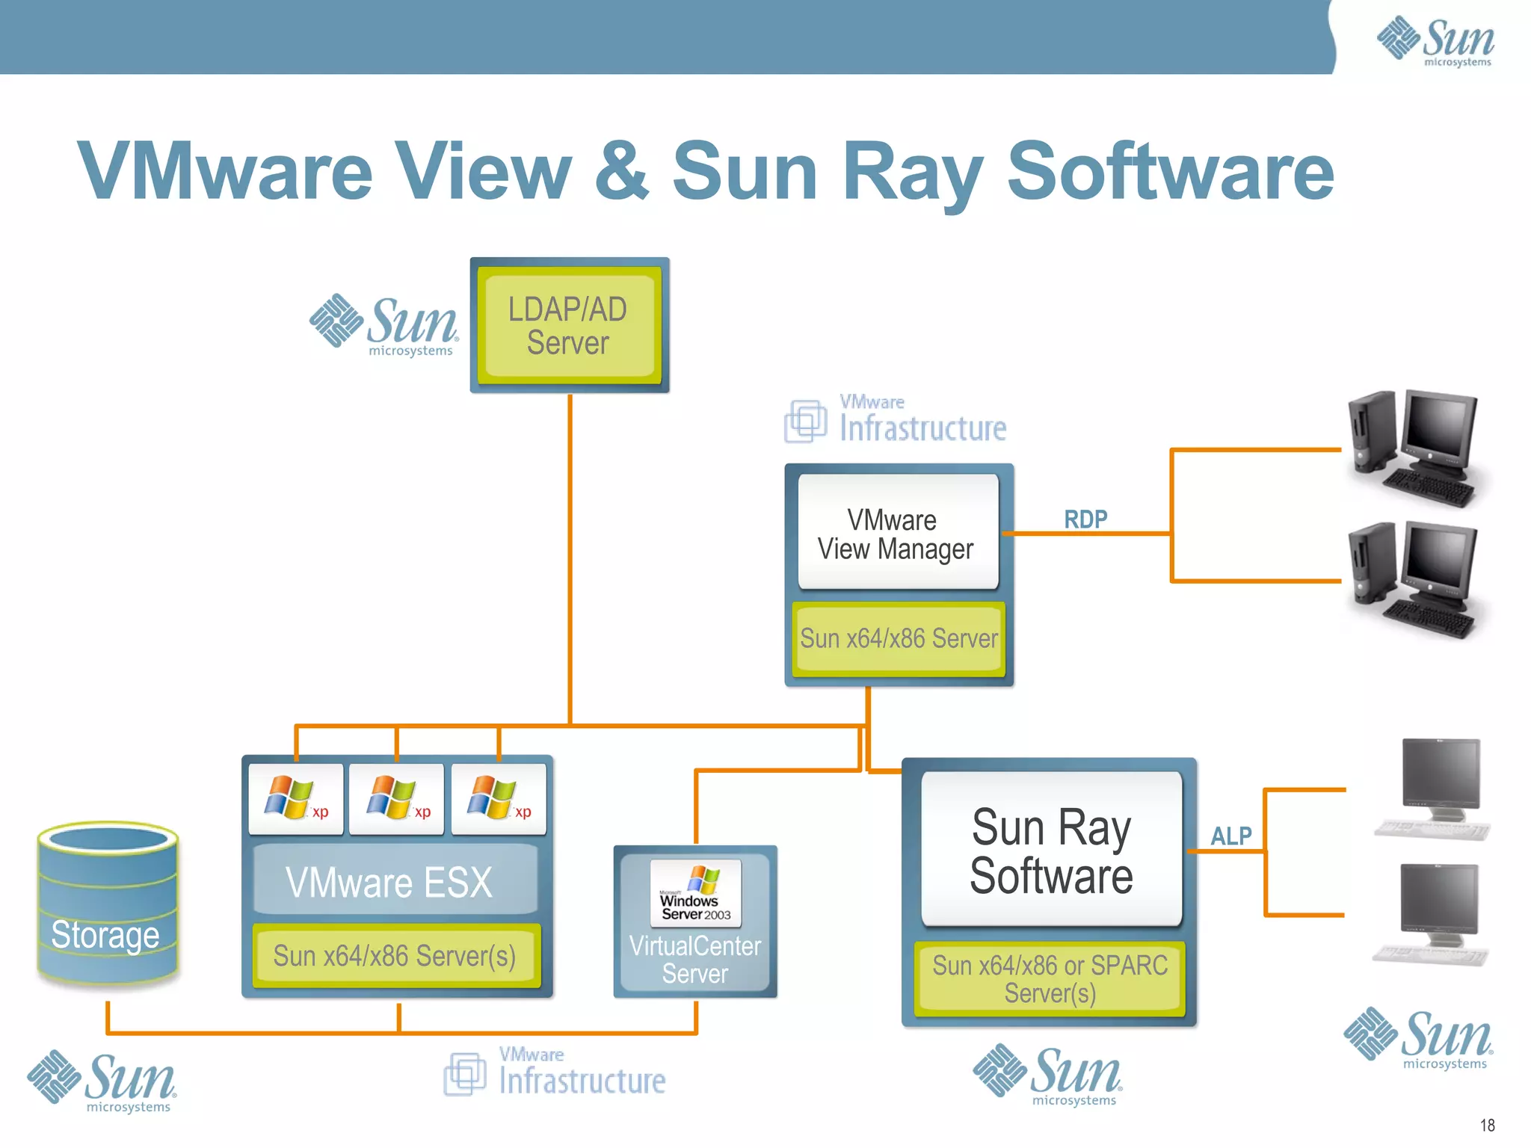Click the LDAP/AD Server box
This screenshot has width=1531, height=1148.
(x=569, y=326)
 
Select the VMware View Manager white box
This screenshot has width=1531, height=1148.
(x=898, y=532)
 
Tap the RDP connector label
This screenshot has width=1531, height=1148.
(x=1085, y=519)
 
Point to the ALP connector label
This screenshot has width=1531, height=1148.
(x=1230, y=836)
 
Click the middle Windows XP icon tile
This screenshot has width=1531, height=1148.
(x=396, y=798)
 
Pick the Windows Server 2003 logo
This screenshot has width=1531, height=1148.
(x=695, y=892)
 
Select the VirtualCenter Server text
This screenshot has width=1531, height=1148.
(x=694, y=960)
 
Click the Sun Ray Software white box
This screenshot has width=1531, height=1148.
(x=1051, y=850)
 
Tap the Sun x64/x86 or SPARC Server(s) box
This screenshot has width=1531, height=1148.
(x=1050, y=978)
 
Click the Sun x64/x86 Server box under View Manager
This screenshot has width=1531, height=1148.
(x=899, y=638)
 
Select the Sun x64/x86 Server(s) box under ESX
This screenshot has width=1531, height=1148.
(x=395, y=956)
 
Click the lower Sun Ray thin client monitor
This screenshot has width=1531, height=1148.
(x=1435, y=912)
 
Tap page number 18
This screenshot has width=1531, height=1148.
(x=1487, y=1125)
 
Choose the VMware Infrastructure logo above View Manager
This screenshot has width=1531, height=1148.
(x=896, y=420)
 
